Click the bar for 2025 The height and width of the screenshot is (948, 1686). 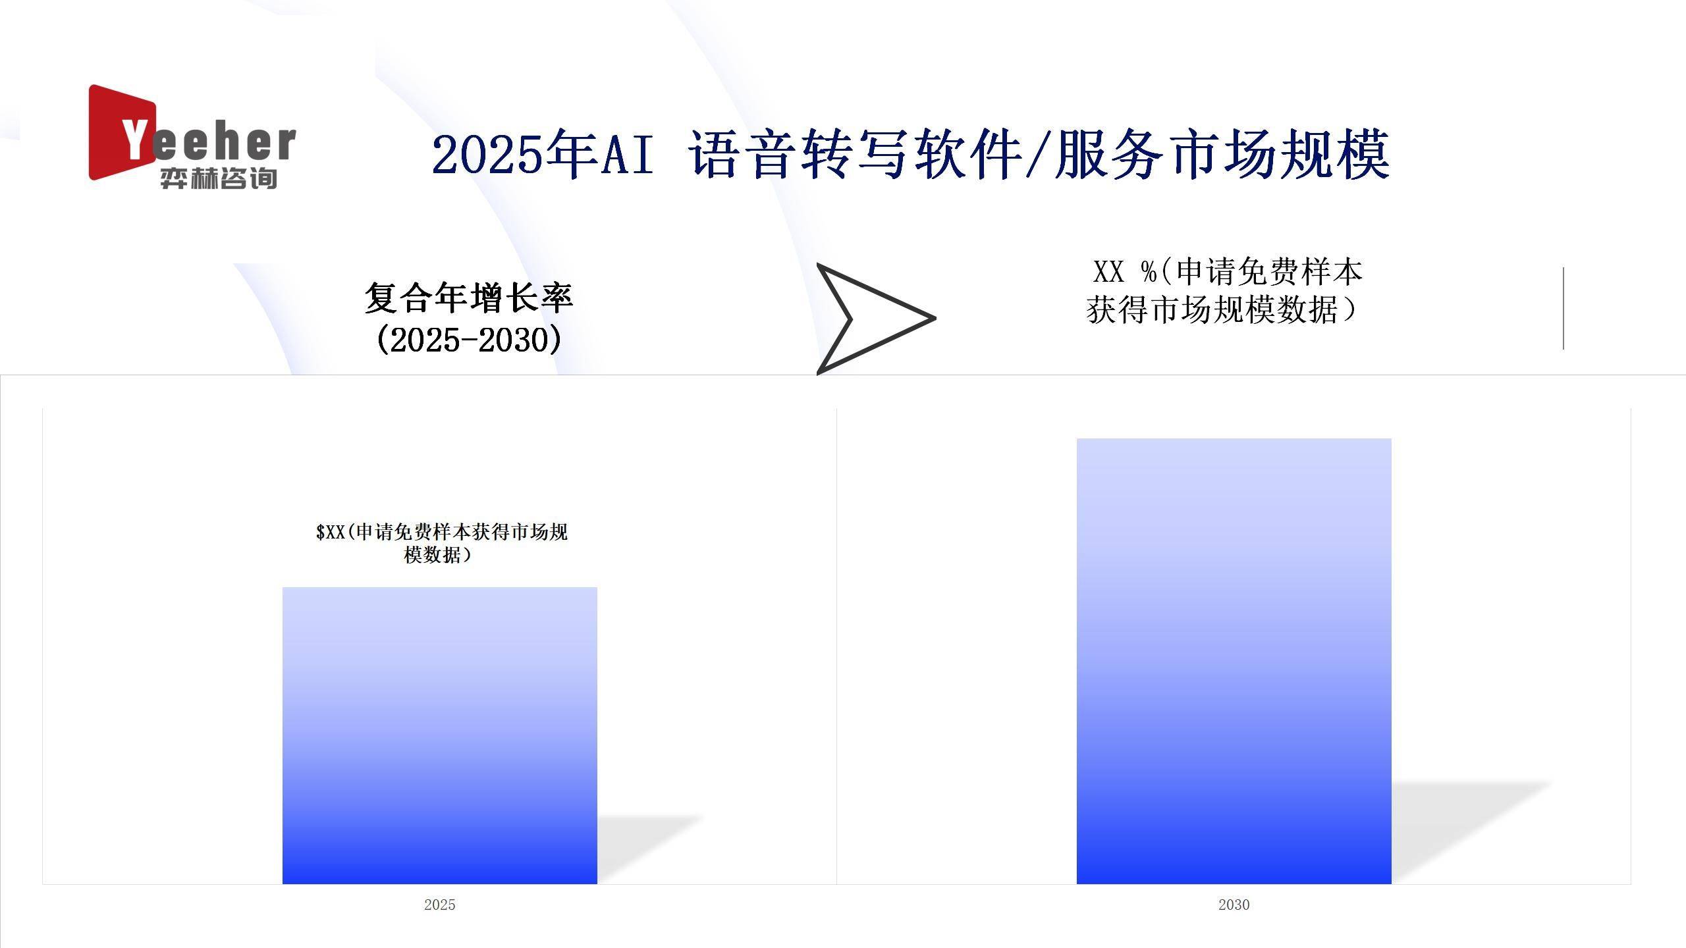pyautogui.click(x=440, y=735)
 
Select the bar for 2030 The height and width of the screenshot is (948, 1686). pyautogui.click(x=1234, y=661)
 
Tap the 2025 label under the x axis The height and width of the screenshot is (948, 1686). pyautogui.click(x=440, y=905)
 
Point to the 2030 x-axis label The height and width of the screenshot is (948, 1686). pyautogui.click(x=1234, y=905)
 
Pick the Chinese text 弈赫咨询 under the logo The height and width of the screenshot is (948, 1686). pyautogui.click(x=218, y=178)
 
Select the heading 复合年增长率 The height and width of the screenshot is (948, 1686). pyautogui.click(x=469, y=298)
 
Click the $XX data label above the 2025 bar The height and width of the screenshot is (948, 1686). pyautogui.click(x=441, y=543)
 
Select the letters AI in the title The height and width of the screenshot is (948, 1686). pyautogui.click(x=628, y=155)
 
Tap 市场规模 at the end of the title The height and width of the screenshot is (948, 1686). pyautogui.click(x=1280, y=155)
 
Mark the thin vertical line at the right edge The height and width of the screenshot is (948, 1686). pyautogui.click(x=1563, y=308)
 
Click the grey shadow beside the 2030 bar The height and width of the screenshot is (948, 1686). pyautogui.click(x=1462, y=829)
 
